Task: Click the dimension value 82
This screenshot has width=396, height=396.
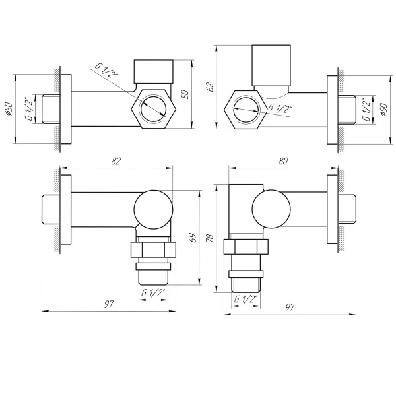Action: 117,160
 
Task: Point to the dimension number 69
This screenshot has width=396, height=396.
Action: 193,238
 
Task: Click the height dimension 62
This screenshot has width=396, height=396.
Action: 211,86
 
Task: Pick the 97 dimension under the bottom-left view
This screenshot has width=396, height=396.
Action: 109,304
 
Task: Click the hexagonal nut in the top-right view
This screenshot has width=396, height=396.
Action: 246,108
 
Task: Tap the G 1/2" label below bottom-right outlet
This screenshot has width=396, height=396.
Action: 246,299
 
